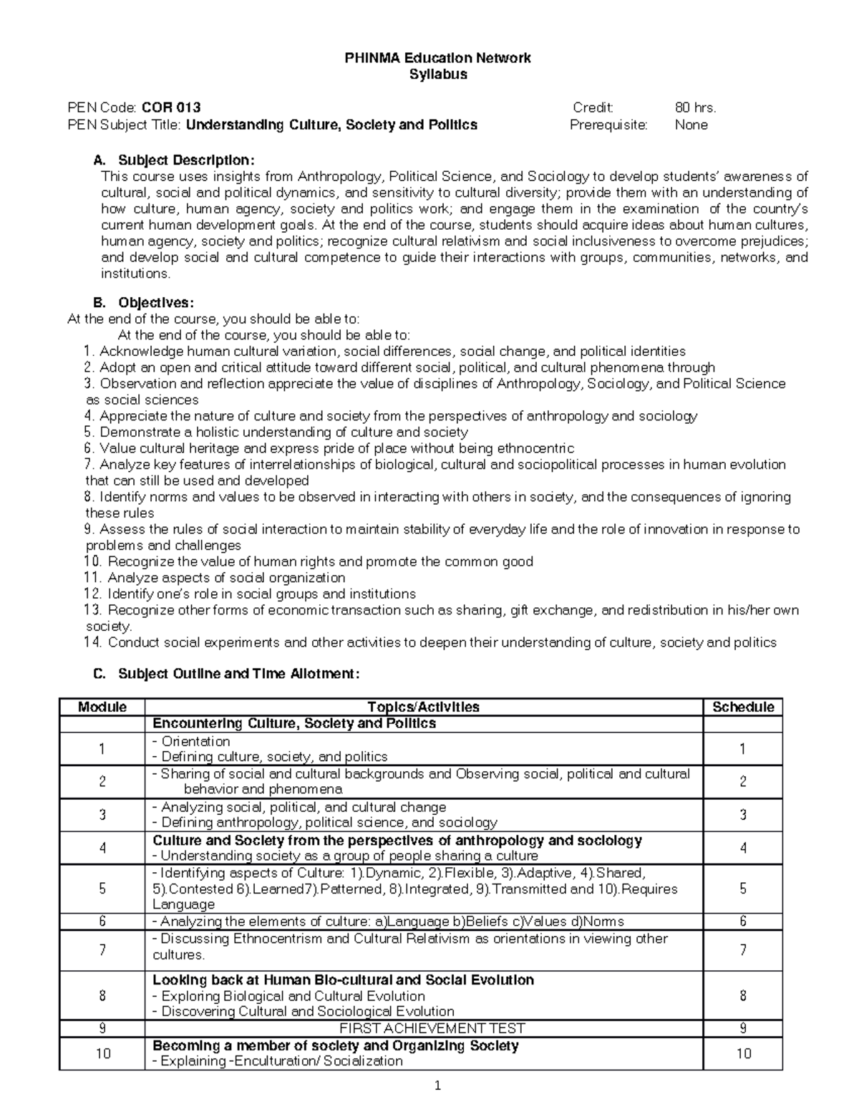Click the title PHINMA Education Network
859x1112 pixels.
pos(437,58)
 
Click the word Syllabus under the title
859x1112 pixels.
pos(437,74)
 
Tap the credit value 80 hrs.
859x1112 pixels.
pos(695,108)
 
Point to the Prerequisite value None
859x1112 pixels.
pos(691,125)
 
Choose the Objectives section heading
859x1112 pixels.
pos(155,302)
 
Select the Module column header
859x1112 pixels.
pos(102,707)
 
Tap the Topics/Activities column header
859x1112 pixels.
pos(423,707)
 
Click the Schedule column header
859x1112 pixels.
pos(743,707)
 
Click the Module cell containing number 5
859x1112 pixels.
pos(102,889)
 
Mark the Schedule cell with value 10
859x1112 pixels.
pos(743,1053)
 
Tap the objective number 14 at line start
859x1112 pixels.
pos(93,642)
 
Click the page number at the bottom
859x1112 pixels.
pos(437,1086)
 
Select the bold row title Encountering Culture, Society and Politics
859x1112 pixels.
pos(294,723)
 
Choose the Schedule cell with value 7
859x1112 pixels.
pos(743,950)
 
